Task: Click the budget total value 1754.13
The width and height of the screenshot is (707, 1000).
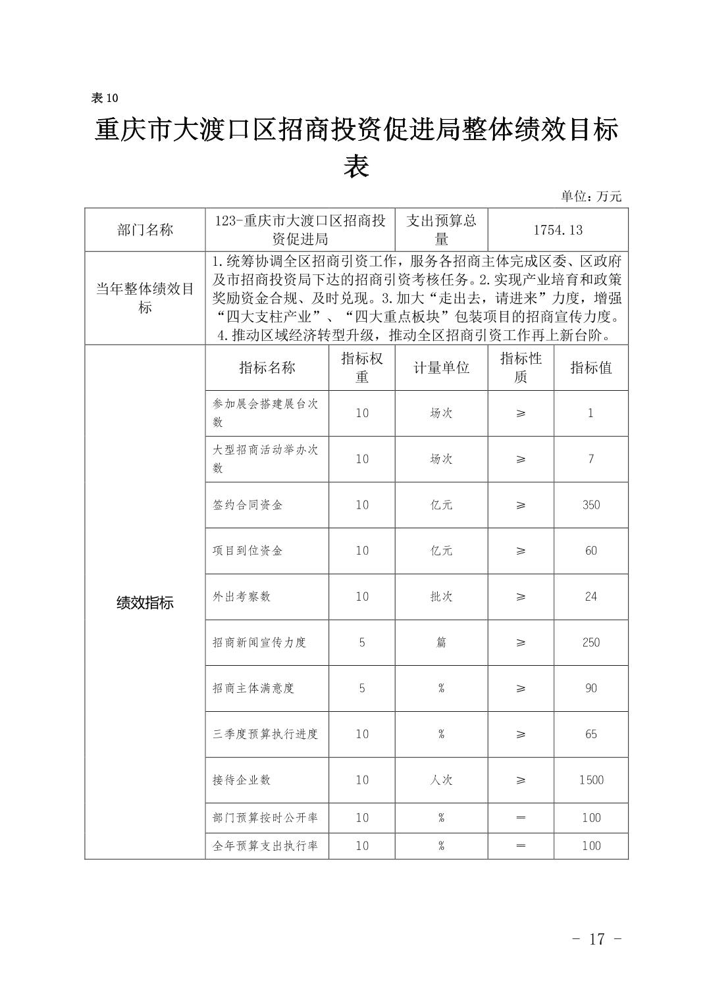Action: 558,230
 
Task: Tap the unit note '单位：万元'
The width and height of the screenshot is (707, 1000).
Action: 590,196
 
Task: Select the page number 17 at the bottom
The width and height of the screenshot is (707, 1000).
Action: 596,938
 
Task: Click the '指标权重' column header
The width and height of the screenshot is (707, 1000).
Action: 361,367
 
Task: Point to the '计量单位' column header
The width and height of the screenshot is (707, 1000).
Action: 441,368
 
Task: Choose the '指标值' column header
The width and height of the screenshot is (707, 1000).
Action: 590,368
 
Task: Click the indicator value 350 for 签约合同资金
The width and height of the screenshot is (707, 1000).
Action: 590,505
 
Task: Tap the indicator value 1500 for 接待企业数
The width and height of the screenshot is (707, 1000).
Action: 590,780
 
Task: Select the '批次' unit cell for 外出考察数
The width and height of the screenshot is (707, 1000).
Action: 441,597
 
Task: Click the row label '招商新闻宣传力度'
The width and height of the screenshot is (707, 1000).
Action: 259,642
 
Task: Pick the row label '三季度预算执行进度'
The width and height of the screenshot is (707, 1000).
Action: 265,734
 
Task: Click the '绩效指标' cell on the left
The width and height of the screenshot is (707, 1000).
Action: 145,603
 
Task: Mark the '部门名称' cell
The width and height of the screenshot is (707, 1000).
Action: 145,230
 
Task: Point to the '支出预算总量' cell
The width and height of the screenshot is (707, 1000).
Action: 441,229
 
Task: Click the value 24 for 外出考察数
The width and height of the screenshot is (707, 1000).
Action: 590,597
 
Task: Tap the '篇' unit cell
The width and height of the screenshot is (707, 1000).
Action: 441,642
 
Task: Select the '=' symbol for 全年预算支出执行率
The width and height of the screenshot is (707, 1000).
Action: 521,845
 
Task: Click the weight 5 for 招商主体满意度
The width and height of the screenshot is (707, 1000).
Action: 361,688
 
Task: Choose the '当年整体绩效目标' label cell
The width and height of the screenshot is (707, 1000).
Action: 145,298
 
